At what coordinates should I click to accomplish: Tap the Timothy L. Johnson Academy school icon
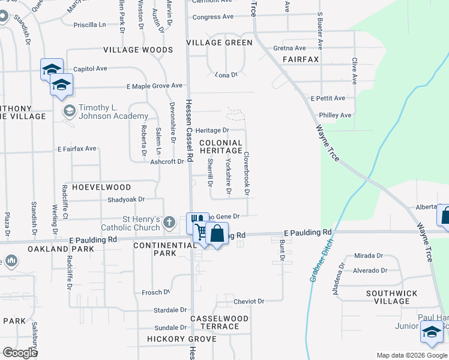tap(70, 110)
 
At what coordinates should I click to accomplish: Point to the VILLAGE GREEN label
tap(219, 43)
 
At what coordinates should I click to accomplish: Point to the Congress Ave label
tap(213, 17)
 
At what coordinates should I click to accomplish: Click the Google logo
tap(20, 352)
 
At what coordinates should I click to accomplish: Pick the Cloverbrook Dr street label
tap(246, 172)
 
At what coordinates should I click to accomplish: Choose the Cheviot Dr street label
tap(249, 301)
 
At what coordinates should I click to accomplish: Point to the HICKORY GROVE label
tap(173, 340)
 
